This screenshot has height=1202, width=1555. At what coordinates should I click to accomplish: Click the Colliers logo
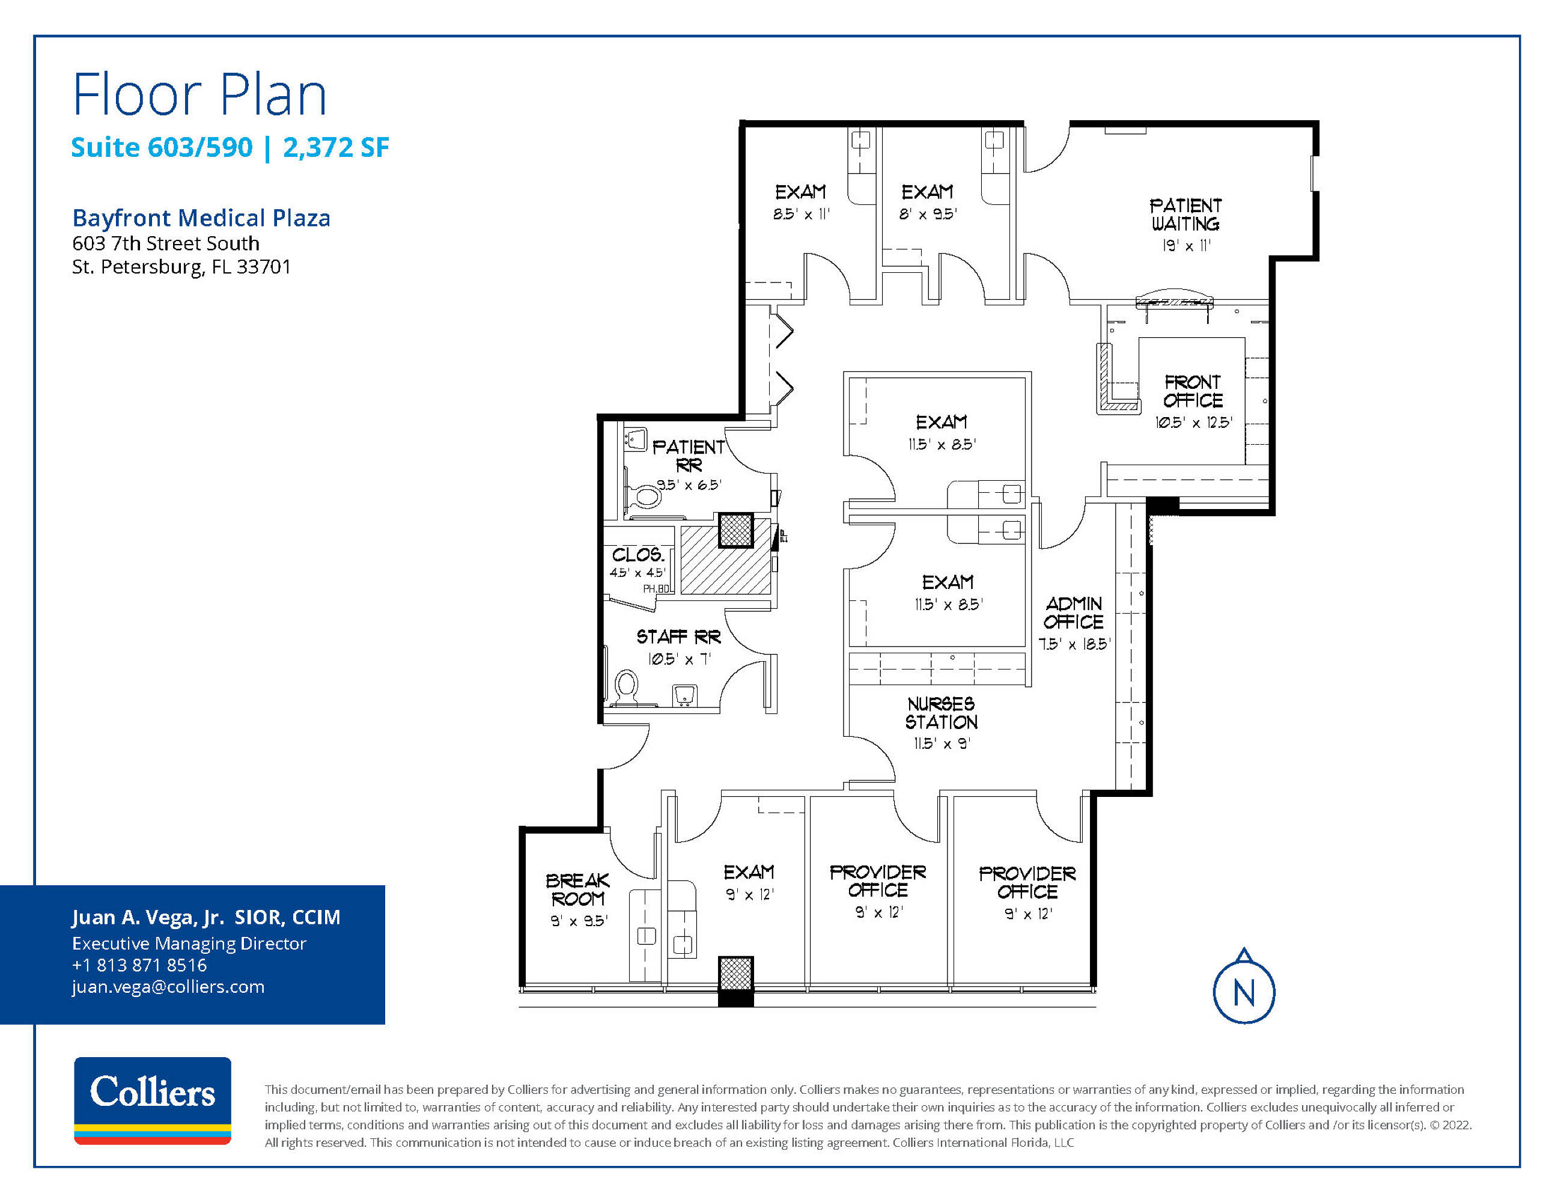[x=153, y=1100]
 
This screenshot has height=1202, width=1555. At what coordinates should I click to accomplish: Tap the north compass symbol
[x=1244, y=986]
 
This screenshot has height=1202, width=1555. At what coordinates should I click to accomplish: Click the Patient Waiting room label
[x=1185, y=215]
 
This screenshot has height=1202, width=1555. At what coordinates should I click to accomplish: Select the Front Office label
[x=1193, y=391]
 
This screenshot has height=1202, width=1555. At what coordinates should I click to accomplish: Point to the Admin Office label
[x=1074, y=612]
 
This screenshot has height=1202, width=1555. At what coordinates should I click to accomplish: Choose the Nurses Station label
[x=942, y=713]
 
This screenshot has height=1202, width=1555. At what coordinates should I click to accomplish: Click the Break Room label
[x=577, y=889]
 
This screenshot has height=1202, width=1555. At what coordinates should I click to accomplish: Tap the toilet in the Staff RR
[x=627, y=688]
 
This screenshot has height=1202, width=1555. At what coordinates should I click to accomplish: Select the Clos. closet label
[x=638, y=554]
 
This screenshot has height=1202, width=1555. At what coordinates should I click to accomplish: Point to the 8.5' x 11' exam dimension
[x=802, y=213]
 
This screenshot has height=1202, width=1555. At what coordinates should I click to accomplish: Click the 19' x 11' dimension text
[x=1186, y=246]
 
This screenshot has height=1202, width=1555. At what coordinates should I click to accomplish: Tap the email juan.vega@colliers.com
[x=168, y=986]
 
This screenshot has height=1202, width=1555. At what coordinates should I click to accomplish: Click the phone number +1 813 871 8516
[x=139, y=965]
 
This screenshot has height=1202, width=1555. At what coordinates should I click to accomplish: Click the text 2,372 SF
[x=336, y=147]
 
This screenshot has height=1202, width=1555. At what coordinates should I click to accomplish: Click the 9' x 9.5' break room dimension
[x=579, y=921]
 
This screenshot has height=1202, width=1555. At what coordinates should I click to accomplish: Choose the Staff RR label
[x=678, y=636]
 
